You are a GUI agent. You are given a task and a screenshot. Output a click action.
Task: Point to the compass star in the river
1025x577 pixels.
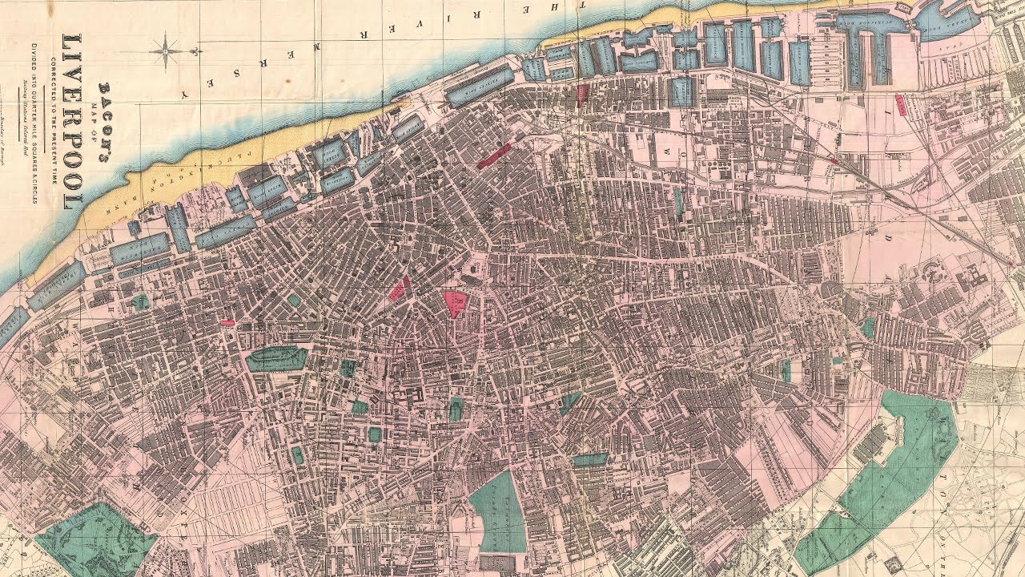(166, 50)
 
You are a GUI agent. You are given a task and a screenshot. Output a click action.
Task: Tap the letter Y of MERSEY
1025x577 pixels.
(184, 94)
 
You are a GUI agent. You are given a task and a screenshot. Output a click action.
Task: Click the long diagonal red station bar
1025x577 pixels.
(494, 155)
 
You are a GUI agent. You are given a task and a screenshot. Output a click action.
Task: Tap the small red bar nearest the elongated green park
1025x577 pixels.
(227, 323)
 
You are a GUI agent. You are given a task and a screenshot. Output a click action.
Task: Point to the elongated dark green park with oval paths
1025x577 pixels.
(276, 358)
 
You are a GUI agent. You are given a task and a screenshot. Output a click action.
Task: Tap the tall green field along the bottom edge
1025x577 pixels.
(498, 513)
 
